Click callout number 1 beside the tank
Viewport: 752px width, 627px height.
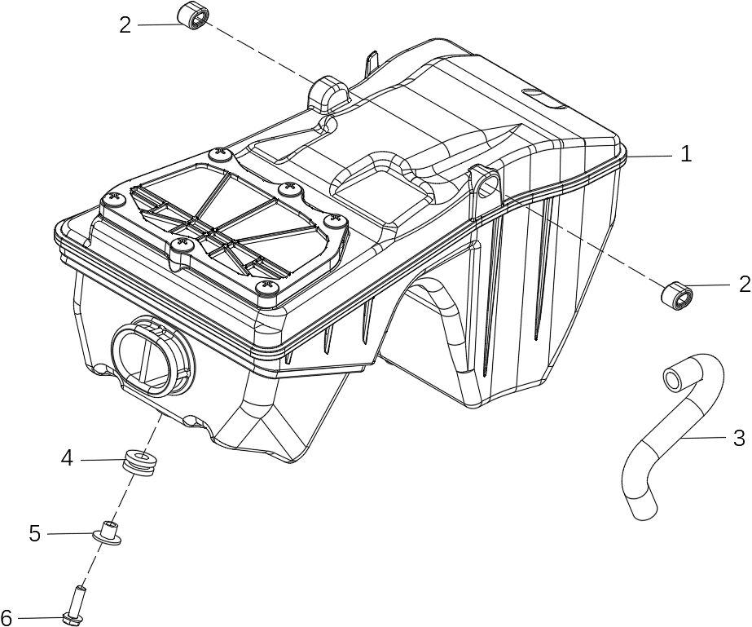(686, 153)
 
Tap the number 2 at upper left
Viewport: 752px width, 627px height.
(125, 24)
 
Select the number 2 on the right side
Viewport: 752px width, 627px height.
(743, 285)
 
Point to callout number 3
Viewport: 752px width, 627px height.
(738, 438)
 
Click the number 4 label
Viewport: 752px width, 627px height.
(67, 459)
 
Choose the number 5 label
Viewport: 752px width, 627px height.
(34, 533)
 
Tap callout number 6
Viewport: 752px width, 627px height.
(7, 617)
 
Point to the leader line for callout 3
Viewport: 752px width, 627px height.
(705, 438)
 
